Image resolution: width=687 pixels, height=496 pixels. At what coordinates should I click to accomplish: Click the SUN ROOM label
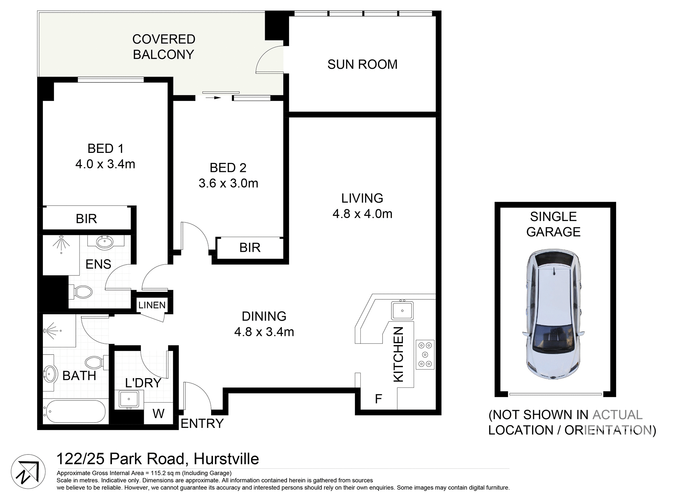pyautogui.click(x=362, y=64)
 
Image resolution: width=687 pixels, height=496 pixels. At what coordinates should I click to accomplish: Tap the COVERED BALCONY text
pyautogui.click(x=164, y=47)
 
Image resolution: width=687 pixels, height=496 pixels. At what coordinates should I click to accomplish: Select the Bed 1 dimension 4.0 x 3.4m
pyautogui.click(x=105, y=164)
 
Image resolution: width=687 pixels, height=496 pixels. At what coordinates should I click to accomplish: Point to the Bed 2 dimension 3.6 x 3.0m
pyautogui.click(x=228, y=183)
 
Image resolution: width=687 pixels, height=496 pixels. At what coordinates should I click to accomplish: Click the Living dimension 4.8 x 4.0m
pyautogui.click(x=362, y=214)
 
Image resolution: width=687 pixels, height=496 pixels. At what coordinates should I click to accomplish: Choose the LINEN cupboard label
pyautogui.click(x=152, y=305)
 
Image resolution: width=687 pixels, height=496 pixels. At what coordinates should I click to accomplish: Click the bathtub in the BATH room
pyautogui.click(x=75, y=411)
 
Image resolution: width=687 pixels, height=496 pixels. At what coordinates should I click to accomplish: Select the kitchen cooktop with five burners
pyautogui.click(x=425, y=355)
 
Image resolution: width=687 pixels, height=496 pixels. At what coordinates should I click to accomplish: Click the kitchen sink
pyautogui.click(x=402, y=310)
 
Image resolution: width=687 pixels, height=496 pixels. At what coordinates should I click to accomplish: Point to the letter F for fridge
pyautogui.click(x=378, y=399)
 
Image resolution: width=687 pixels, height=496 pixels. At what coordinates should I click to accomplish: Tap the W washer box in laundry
pyautogui.click(x=158, y=414)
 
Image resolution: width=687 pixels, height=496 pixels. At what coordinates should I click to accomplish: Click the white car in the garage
pyautogui.click(x=553, y=314)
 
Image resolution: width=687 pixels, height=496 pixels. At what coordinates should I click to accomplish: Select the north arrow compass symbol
pyautogui.click(x=28, y=472)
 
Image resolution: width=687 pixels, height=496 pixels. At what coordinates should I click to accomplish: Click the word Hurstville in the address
pyautogui.click(x=226, y=459)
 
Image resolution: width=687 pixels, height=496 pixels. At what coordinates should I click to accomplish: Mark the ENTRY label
pyautogui.click(x=202, y=424)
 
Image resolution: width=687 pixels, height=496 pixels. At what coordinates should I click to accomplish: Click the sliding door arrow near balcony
pyautogui.click(x=216, y=97)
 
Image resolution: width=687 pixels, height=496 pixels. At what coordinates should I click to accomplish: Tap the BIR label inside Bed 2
pyautogui.click(x=250, y=247)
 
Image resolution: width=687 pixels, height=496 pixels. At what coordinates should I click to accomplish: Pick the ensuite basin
pyautogui.click(x=105, y=242)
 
